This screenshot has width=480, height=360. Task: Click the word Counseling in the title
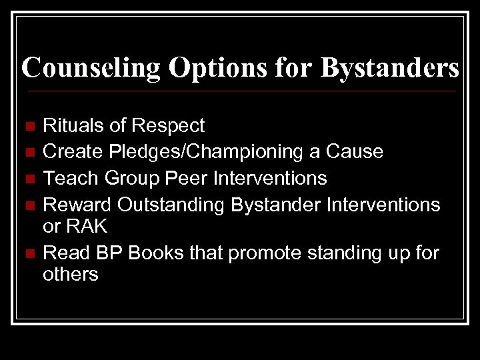click(91, 68)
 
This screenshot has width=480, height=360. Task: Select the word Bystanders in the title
click(389, 68)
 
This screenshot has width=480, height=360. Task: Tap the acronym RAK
click(87, 227)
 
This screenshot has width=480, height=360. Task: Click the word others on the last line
click(71, 275)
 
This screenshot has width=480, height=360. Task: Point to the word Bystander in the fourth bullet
click(277, 205)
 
